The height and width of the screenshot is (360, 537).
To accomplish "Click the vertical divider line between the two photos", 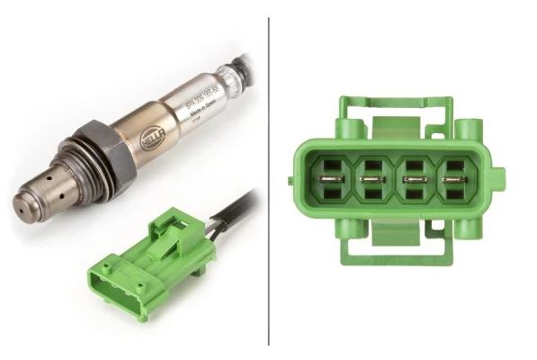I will click(268, 180).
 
